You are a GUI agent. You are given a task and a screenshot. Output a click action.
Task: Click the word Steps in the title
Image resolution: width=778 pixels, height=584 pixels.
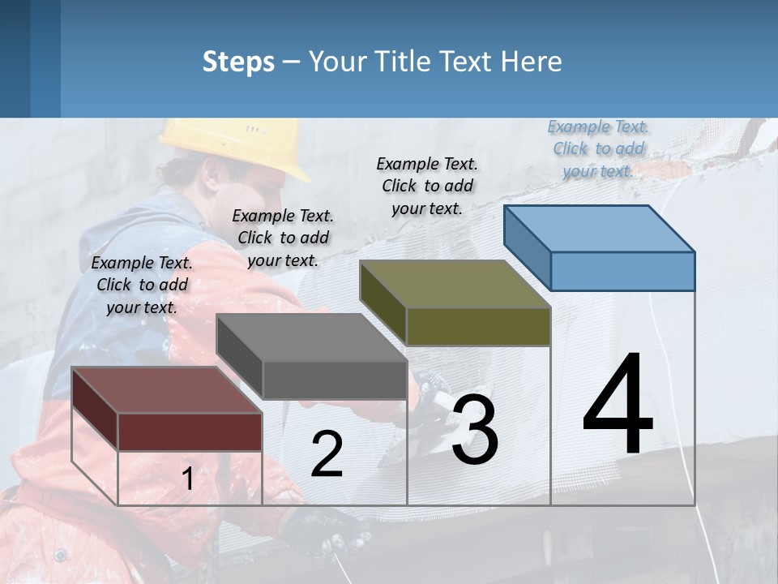tap(238, 62)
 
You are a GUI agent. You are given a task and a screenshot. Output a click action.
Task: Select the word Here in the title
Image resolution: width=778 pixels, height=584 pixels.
tap(531, 62)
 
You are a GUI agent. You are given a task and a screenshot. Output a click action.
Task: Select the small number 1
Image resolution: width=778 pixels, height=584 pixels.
tap(187, 479)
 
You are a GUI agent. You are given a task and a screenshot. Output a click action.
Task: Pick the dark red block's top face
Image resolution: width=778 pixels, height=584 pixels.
tap(167, 390)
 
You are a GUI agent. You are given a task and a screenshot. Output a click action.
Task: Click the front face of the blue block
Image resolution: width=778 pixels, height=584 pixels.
tap(622, 271)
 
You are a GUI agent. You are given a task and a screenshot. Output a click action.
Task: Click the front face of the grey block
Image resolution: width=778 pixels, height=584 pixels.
tap(335, 380)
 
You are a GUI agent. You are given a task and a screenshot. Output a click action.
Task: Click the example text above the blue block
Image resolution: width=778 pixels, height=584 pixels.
tap(598, 149)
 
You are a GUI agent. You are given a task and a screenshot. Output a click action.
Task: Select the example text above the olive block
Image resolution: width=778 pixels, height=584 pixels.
tap(427, 187)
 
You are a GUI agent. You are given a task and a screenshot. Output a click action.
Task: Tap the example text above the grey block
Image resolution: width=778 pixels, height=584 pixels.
tap(283, 238)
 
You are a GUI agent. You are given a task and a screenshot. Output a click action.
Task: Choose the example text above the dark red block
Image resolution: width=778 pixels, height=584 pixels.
tap(142, 286)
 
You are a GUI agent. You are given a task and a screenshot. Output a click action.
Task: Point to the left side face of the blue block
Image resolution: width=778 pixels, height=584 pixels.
tap(527, 247)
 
